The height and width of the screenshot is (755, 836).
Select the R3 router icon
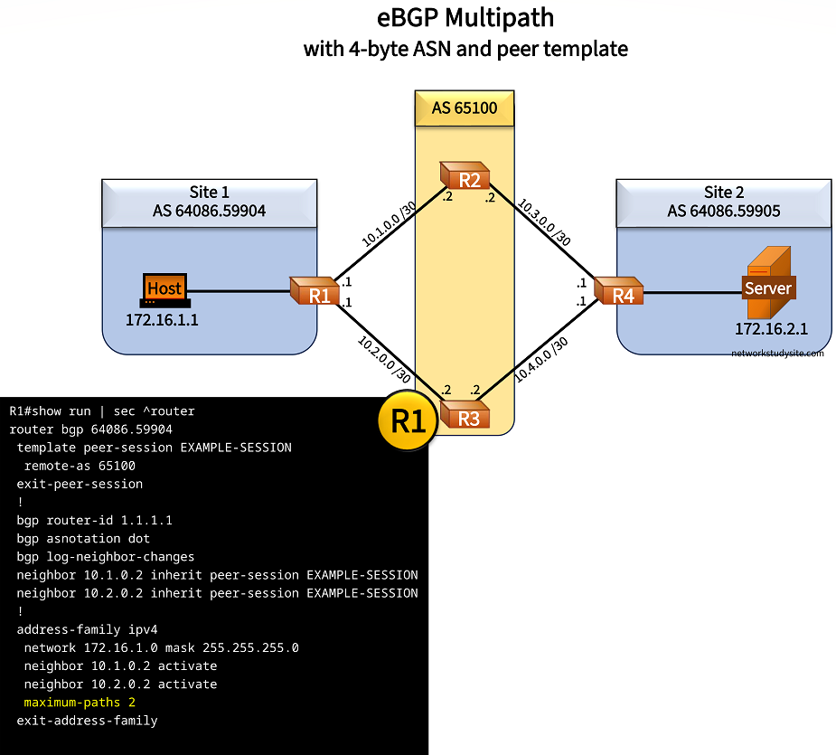(x=464, y=417)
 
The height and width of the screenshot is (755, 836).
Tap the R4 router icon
(x=619, y=293)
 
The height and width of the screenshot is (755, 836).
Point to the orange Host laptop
(x=164, y=290)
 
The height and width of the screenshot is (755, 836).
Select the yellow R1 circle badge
(x=408, y=420)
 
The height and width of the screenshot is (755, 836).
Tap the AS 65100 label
(x=464, y=108)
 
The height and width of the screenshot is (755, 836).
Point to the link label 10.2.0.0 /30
(x=384, y=360)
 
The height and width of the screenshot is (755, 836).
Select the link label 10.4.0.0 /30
(x=541, y=359)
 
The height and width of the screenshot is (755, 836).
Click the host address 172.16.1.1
(x=162, y=320)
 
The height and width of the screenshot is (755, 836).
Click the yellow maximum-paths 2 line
(x=80, y=703)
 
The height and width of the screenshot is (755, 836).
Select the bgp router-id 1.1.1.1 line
(x=94, y=520)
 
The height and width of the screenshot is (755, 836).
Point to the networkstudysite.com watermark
(x=777, y=354)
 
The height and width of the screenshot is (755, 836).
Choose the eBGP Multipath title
(x=465, y=17)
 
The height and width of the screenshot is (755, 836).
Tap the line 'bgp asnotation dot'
(x=83, y=538)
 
